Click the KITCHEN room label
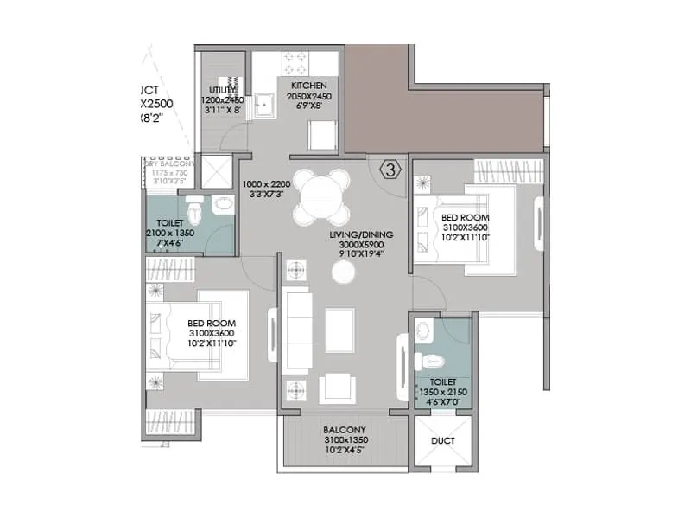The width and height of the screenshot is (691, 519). pyautogui.click(x=308, y=86)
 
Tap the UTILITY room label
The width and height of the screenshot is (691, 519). pyautogui.click(x=223, y=90)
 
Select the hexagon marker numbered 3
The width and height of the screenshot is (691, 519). pyautogui.click(x=390, y=170)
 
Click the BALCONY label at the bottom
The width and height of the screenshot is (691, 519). pyautogui.click(x=345, y=430)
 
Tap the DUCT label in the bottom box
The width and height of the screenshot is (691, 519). pyautogui.click(x=443, y=441)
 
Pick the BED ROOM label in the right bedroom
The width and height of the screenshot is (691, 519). pyautogui.click(x=465, y=217)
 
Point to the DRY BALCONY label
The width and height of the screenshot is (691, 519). pyautogui.click(x=170, y=163)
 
